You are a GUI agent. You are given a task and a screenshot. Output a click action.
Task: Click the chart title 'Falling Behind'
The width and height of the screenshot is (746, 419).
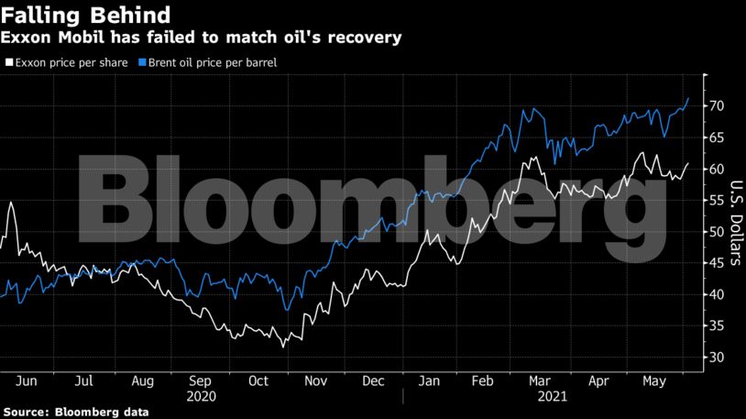coord(85,16)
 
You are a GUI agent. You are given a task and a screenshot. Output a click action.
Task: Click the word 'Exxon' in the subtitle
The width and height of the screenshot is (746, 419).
coord(28,39)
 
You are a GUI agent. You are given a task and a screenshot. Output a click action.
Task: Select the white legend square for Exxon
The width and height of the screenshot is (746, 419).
coord(8,63)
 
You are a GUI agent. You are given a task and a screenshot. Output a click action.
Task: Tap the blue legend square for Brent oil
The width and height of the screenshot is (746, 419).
coord(141,63)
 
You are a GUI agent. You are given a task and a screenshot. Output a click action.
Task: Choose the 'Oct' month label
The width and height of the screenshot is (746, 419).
coord(258,380)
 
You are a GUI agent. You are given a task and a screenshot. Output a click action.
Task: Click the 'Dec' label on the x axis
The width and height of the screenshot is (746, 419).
coord(373,380)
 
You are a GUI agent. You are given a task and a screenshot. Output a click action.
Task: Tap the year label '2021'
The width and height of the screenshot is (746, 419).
coord(550,398)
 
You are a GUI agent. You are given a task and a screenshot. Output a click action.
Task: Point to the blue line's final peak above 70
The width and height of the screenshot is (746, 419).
coord(688,98)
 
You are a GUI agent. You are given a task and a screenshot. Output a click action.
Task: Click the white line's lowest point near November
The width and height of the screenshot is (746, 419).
coord(283,347)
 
